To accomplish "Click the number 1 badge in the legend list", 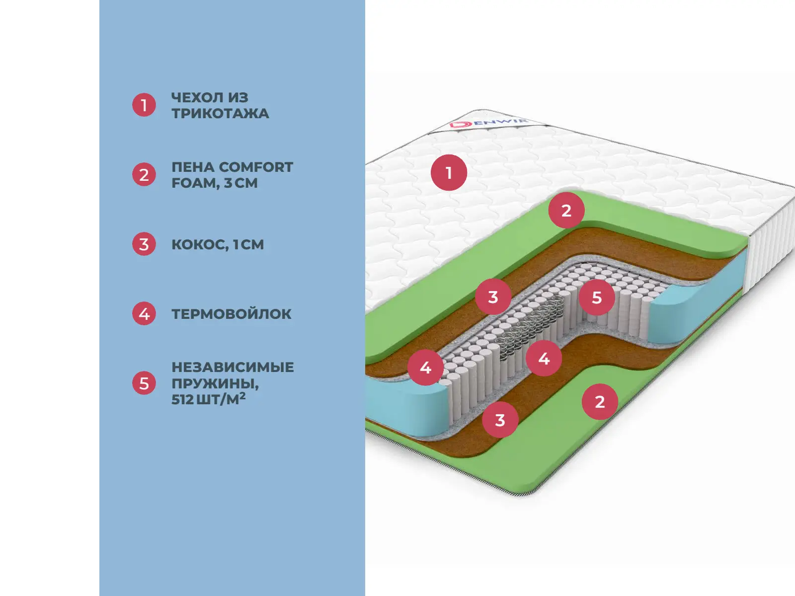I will click(144, 105).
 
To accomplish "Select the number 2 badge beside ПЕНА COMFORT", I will click(144, 175).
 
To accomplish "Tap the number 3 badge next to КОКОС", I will click(144, 244).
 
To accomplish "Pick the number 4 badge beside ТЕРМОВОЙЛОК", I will click(144, 314).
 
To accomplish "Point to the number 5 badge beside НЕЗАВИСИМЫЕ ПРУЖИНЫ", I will click(144, 383).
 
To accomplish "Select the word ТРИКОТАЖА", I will click(220, 114).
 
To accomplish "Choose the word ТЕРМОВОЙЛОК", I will click(232, 314).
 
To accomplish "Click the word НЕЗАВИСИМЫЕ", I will click(233, 367).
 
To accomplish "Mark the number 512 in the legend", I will click(182, 399).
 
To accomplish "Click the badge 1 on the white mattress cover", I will click(449, 173).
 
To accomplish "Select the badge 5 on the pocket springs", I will click(597, 298).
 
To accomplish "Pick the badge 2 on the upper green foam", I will click(566, 211).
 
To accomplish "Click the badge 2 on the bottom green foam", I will click(600, 401).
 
